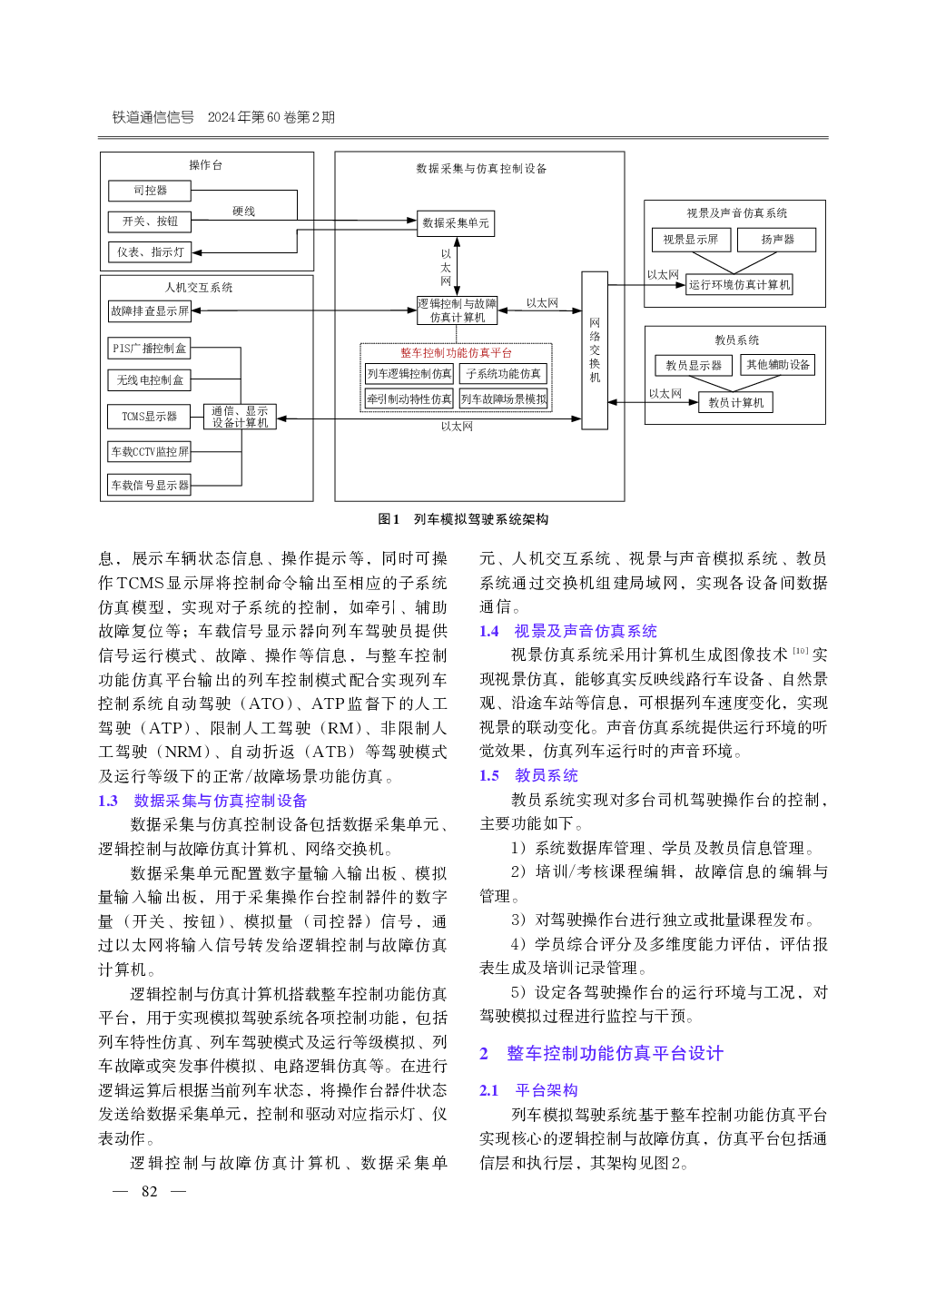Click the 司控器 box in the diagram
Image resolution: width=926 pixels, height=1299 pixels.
150,191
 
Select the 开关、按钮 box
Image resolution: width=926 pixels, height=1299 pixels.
150,221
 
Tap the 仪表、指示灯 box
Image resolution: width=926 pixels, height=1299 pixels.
150,252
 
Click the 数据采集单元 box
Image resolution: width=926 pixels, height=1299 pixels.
456,223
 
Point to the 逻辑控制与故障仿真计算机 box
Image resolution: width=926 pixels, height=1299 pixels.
457,310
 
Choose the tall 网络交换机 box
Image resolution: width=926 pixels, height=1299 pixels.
595,350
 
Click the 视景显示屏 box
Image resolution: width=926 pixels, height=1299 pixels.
690,240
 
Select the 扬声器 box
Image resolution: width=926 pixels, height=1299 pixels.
777,240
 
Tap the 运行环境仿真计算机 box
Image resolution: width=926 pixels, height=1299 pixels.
739,285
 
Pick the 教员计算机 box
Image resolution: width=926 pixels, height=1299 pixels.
735,402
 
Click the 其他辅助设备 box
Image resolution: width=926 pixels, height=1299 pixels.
777,365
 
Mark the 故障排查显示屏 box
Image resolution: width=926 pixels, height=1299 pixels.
150,310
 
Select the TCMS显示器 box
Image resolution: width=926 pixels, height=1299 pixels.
150,417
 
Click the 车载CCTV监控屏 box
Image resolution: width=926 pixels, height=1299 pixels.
150,451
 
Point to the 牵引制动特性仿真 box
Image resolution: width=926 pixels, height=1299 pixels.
409,399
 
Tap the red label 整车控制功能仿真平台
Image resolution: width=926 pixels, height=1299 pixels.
456,353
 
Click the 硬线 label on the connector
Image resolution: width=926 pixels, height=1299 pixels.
243,212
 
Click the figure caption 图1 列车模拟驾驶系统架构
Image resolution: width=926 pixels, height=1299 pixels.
463,519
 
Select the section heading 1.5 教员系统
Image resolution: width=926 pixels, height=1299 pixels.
529,775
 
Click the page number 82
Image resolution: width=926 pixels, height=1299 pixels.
150,1192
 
